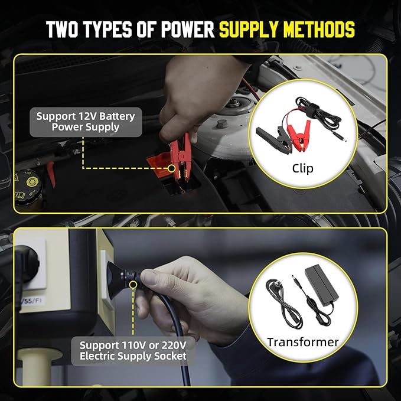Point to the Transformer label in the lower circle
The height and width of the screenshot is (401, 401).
tap(302, 342)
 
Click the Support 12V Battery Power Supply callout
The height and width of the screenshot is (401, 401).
tap(86, 121)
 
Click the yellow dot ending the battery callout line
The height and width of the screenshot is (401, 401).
tap(172, 168)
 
